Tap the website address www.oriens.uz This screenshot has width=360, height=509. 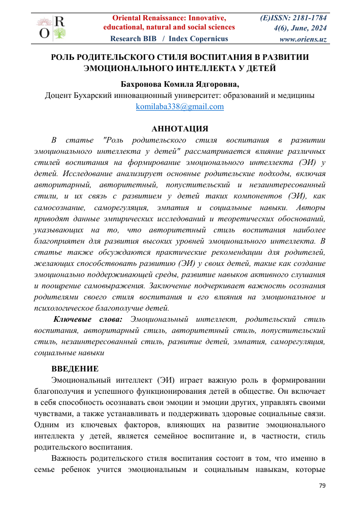click(303, 39)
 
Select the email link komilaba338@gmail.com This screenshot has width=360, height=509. click(180, 107)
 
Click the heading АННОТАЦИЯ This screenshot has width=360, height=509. click(180, 129)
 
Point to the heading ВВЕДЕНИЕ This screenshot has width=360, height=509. click(75, 368)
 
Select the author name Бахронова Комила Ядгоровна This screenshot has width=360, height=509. click(179, 84)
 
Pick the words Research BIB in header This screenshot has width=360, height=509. click(133, 39)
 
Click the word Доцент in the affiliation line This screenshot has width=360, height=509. click(59, 95)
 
